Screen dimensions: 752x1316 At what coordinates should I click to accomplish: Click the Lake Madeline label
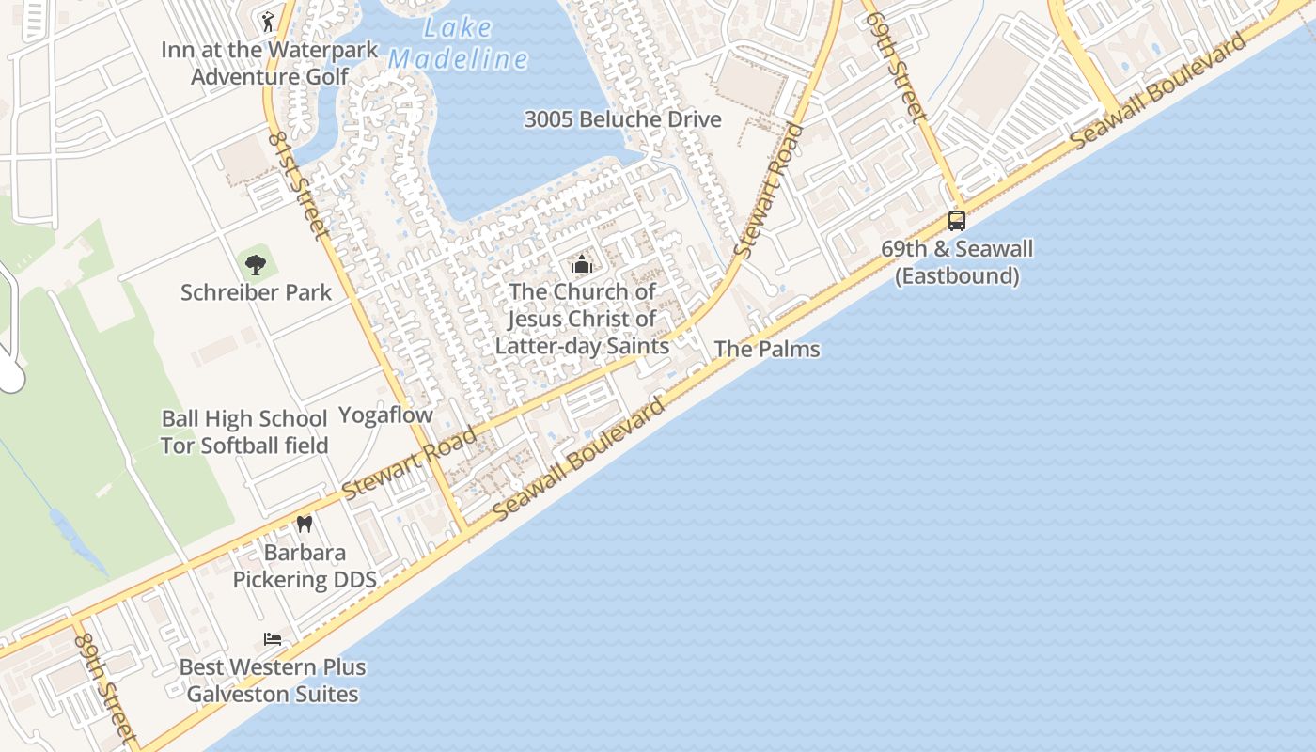(458, 44)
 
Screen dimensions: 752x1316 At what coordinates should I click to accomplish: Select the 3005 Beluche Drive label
(622, 119)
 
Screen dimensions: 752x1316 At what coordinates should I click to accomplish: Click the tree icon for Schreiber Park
(256, 264)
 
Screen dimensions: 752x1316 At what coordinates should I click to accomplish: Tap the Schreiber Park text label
(256, 292)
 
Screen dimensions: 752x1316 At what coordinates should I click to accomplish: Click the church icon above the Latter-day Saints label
(582, 264)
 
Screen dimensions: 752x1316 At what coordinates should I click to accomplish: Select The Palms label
(767, 349)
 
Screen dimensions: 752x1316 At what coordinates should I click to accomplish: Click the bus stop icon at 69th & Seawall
(956, 221)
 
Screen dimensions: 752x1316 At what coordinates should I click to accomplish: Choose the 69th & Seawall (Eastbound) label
(956, 262)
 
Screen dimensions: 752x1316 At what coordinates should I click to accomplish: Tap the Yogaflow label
(385, 415)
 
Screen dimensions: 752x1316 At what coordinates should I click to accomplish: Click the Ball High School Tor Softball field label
(244, 431)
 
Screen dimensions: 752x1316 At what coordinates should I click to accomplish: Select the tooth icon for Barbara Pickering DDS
(304, 524)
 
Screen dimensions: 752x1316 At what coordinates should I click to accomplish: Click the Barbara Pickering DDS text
(305, 566)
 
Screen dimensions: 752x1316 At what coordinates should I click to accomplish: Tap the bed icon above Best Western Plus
(273, 639)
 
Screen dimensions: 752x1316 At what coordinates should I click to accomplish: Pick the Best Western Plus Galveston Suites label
(273, 681)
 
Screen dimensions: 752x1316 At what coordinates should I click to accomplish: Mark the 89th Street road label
(105, 688)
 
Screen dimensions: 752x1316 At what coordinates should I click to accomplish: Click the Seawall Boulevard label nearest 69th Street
(1159, 89)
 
